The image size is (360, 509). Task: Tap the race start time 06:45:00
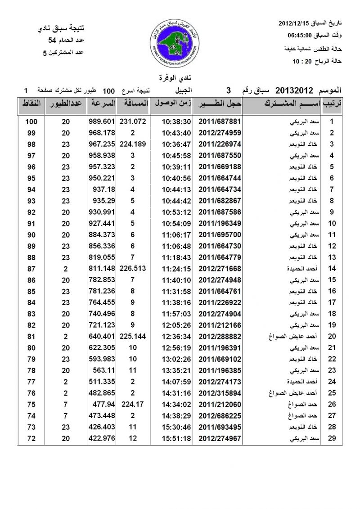(x=301, y=35)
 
